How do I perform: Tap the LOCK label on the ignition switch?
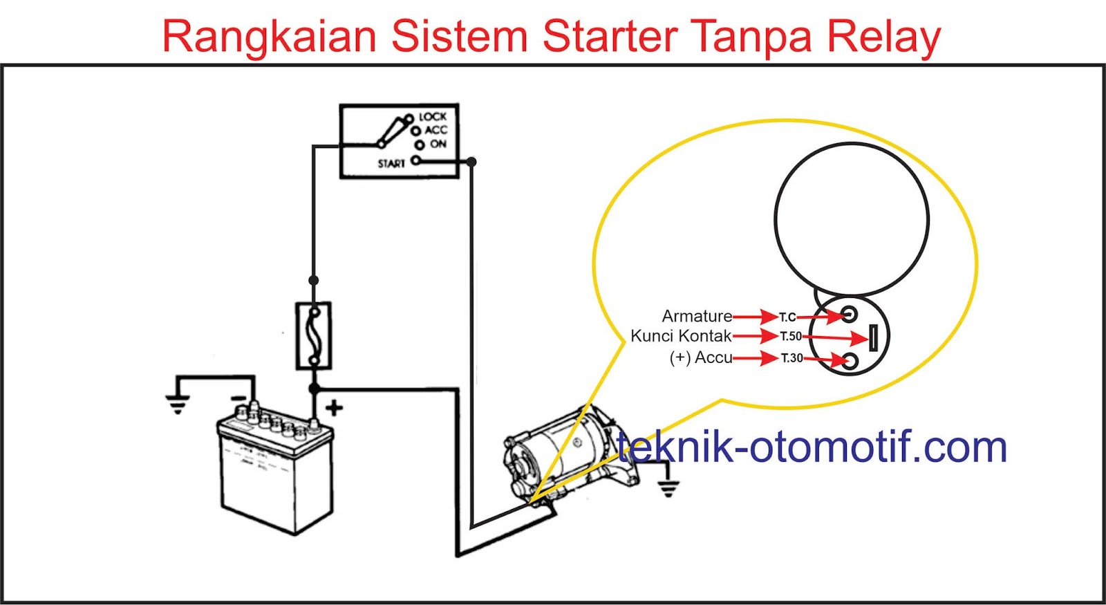[433, 117]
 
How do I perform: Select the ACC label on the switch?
[435, 130]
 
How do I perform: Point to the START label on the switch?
[391, 164]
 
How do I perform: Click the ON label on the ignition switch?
[438, 144]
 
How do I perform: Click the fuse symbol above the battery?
[313, 336]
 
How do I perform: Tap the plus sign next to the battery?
[335, 408]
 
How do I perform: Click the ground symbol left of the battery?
[178, 404]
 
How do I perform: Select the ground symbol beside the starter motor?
[667, 487]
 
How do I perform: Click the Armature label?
[697, 316]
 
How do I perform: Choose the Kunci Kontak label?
[681, 336]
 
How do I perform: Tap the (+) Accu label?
[700, 357]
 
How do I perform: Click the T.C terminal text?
[787, 317]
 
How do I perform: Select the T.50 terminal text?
[791, 337]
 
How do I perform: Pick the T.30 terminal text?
[792, 358]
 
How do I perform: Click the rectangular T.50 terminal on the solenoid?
[873, 338]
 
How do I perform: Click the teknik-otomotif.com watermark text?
[812, 447]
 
